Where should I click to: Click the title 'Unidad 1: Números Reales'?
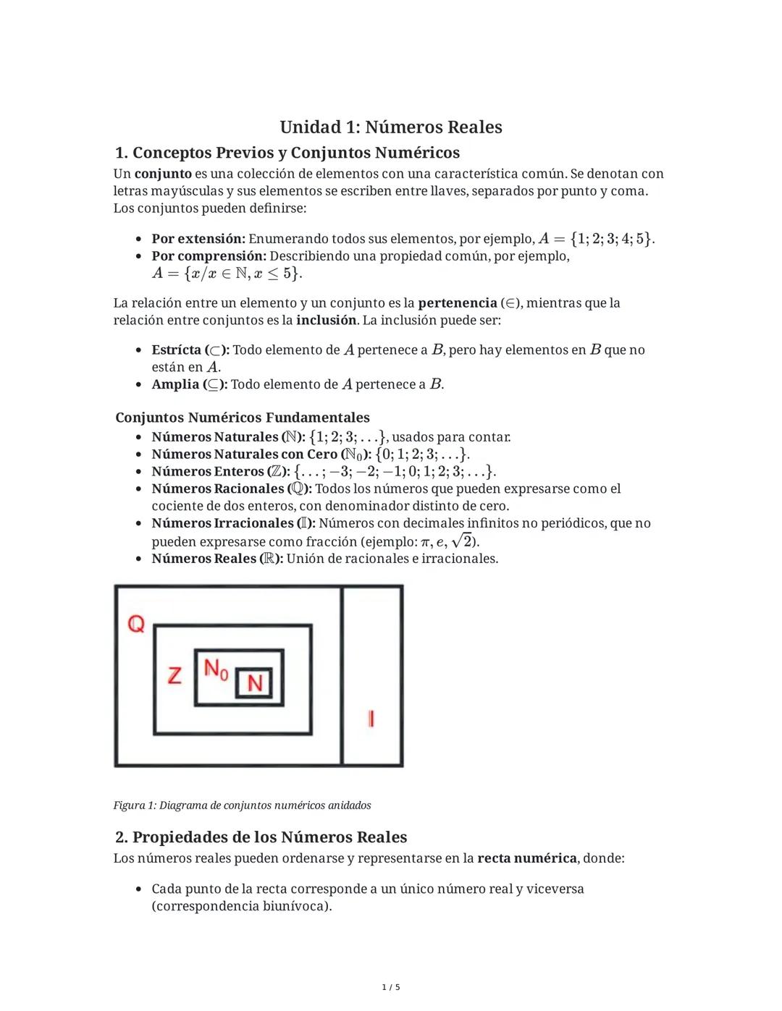coord(391,127)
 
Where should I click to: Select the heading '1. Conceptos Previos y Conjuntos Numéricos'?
coord(287,153)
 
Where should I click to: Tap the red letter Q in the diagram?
coord(136,623)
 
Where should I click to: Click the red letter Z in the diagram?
coord(175,675)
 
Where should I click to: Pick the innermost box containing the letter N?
coord(254,682)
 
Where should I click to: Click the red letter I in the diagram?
coord(371,718)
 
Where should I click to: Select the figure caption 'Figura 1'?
coord(242,805)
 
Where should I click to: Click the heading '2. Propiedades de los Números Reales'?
coord(261,837)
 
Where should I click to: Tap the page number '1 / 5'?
coord(391,987)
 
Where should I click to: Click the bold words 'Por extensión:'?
coord(198,239)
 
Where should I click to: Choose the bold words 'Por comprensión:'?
coord(209,256)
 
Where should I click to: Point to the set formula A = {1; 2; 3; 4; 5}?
coord(596,239)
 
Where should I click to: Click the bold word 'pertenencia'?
coord(457,303)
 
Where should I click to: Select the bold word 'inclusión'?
coord(327,320)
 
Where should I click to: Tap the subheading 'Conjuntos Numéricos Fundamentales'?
coord(243,418)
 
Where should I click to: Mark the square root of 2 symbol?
coord(461,541)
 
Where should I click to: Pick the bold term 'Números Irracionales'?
coord(222,523)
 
